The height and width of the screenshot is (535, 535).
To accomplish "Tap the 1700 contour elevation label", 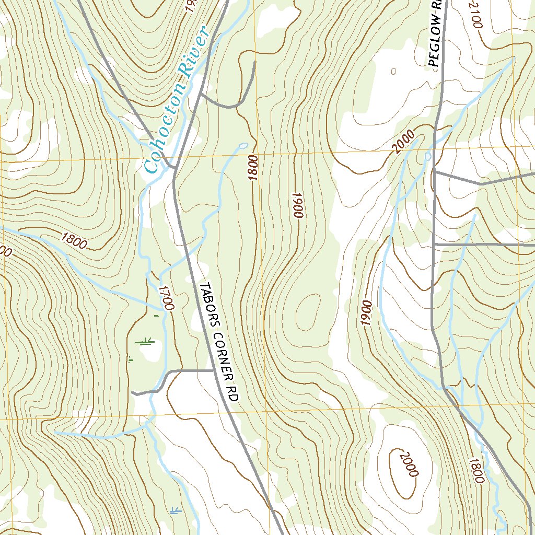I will [166, 298].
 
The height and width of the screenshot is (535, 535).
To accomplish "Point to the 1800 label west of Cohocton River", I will [73, 240].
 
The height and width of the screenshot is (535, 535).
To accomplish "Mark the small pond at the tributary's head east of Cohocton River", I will [242, 145].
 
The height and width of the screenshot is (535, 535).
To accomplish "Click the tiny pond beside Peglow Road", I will [428, 156].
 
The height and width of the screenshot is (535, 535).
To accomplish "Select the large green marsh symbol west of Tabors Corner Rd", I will [144, 342].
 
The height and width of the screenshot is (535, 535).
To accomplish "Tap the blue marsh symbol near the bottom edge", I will [175, 510].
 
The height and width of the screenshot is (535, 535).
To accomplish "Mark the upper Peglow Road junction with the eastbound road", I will [434, 171].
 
